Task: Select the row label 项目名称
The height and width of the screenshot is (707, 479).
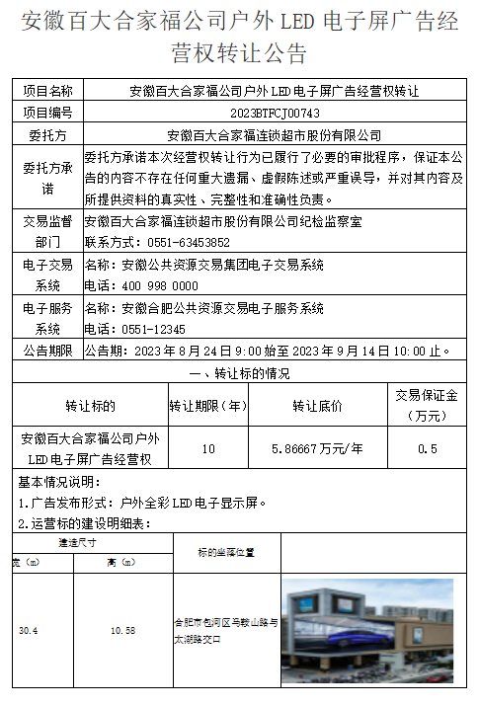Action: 47,91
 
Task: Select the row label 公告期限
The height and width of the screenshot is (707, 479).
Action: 47,351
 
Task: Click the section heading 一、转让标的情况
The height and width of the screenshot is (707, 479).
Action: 238,373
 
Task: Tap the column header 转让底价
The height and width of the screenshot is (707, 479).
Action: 317,406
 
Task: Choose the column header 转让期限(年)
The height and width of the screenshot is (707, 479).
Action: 207,406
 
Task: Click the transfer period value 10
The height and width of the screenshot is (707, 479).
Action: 207,449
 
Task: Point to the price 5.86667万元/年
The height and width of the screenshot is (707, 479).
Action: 317,449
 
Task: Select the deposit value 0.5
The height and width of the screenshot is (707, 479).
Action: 427,449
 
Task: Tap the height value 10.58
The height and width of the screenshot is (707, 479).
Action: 122,630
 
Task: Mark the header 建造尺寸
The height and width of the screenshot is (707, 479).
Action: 75,542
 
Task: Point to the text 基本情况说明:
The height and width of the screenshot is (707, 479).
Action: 59,482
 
